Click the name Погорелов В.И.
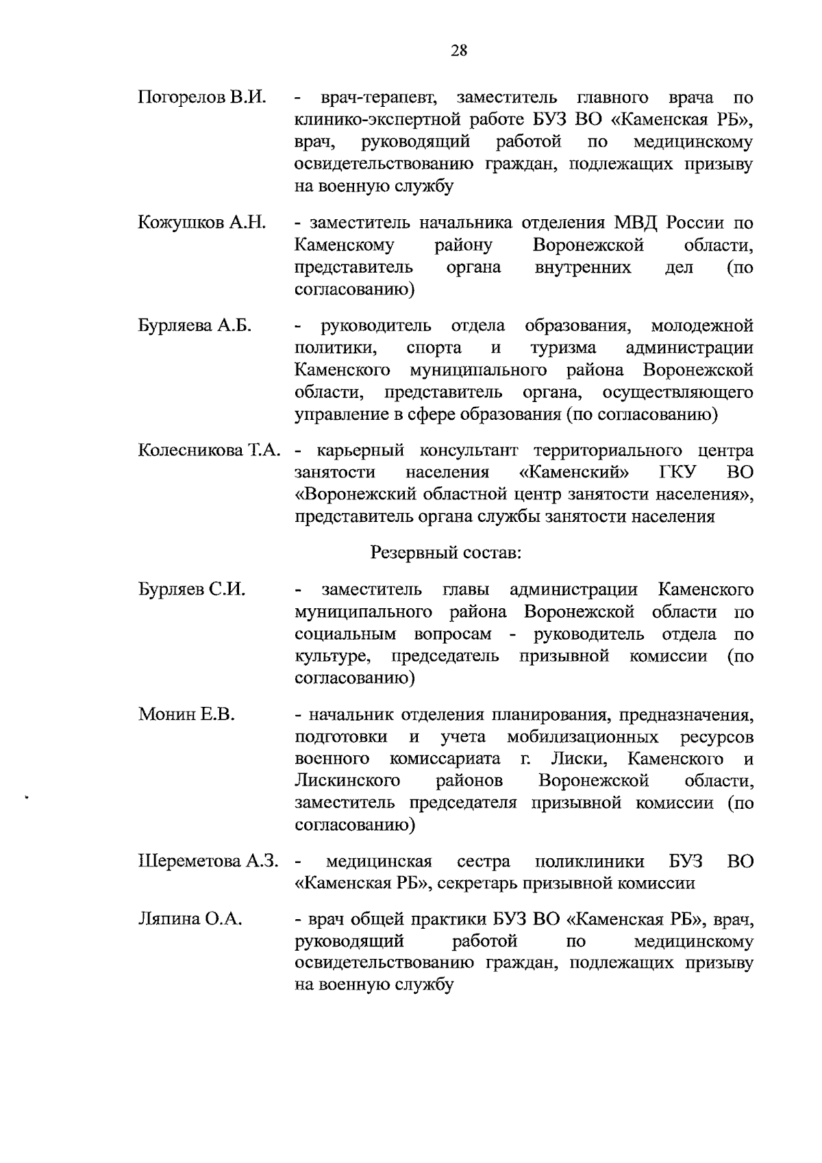pos(201,97)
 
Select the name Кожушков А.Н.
pos(201,223)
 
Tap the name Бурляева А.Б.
pos(195,325)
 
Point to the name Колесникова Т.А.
pos(210,451)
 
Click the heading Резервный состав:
pos(446,552)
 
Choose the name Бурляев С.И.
pos(192,590)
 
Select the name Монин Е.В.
pos(186,715)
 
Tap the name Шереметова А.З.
pos(209,861)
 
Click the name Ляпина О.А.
pos(190,919)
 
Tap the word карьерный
pos(358,451)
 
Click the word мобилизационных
pos(583,737)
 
